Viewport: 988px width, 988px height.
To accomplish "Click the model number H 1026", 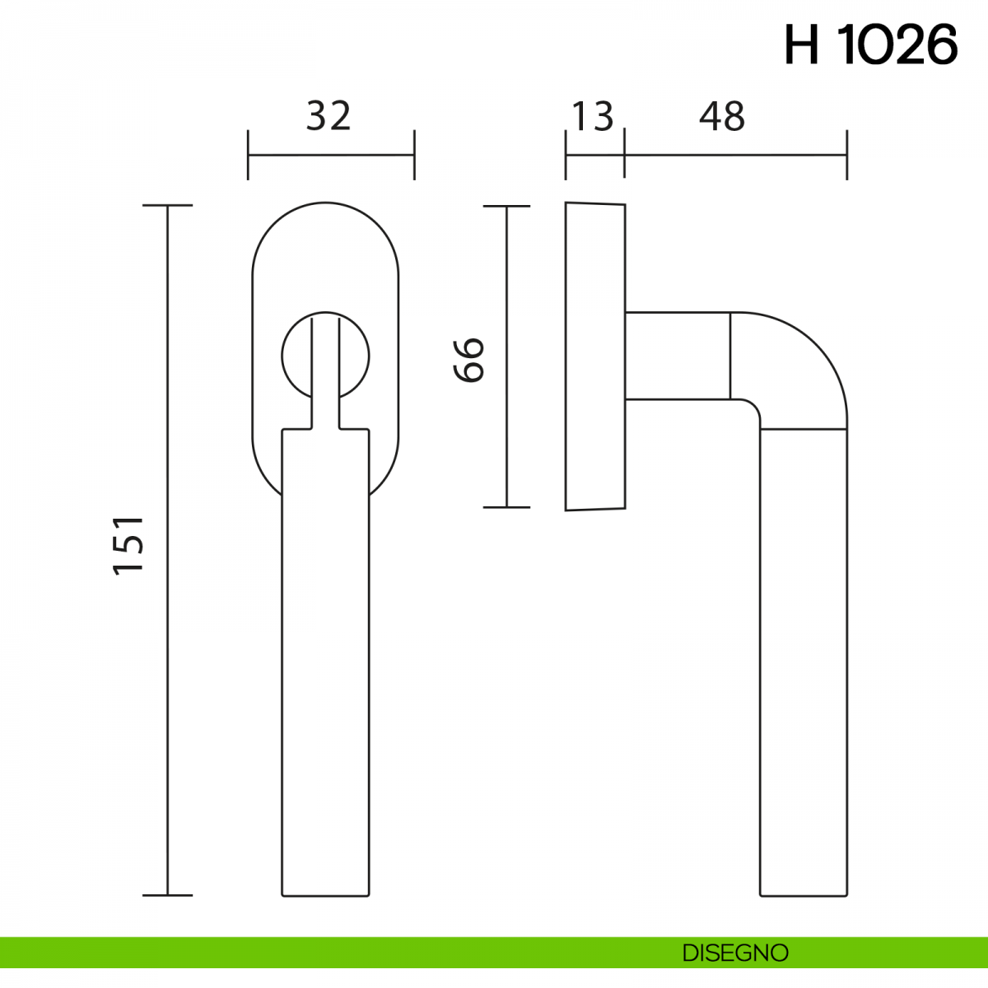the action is tap(870, 45).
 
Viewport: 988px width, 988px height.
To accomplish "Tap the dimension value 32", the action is tap(329, 116).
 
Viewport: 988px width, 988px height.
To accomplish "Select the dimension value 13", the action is tap(593, 117).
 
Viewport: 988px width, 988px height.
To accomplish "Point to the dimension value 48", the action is tap(722, 116).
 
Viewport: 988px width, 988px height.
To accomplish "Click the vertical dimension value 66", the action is tap(468, 360).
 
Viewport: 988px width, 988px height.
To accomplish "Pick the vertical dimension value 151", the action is tap(128, 546).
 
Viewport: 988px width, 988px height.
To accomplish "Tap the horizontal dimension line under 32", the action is tap(331, 154).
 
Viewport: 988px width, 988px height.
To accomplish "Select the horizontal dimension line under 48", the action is tap(736, 154).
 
